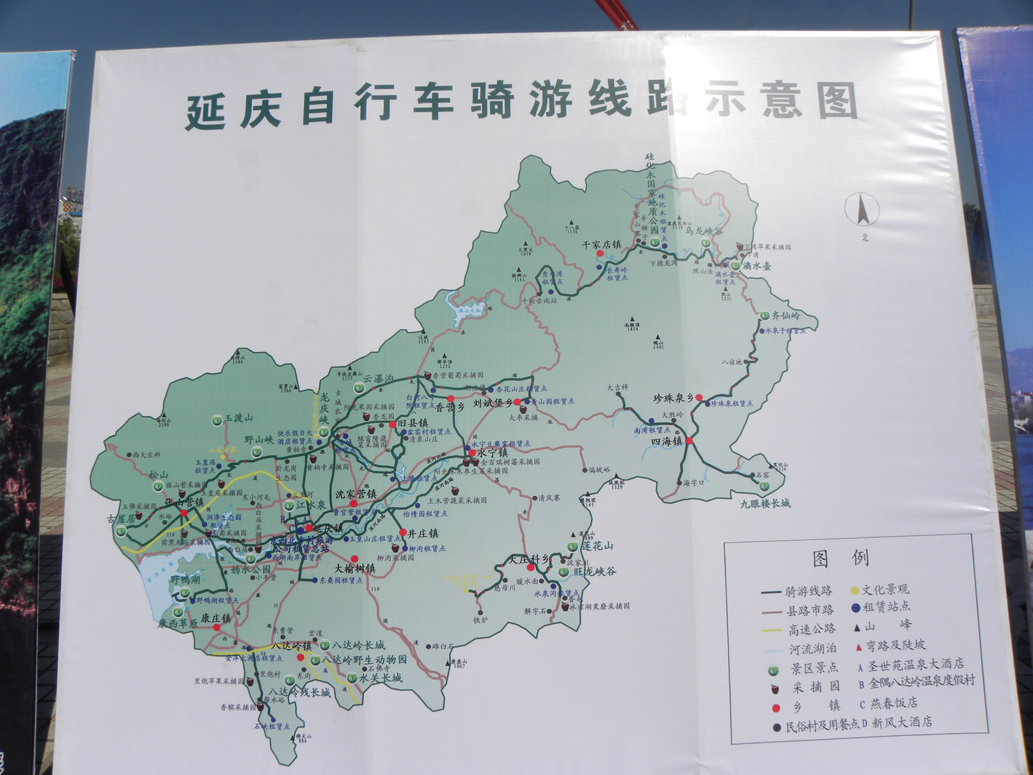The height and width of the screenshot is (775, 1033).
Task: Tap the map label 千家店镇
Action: point(601,245)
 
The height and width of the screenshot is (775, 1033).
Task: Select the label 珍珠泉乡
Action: point(673,398)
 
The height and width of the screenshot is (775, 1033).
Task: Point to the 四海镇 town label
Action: point(666,442)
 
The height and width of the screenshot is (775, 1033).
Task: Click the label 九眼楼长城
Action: point(765,504)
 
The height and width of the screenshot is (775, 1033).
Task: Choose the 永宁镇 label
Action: point(492,453)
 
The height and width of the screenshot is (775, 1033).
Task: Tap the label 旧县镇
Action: point(413,423)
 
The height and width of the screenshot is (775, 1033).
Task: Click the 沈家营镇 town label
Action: point(355,494)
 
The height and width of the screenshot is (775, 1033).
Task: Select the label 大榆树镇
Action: point(355,568)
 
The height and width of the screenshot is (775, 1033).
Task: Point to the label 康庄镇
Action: point(216,618)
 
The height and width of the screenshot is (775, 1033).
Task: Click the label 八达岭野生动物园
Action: point(364,659)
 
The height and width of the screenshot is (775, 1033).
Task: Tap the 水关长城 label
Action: point(379,678)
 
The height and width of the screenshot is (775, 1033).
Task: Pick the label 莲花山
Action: point(597,546)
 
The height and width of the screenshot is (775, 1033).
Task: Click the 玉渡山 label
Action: point(238,417)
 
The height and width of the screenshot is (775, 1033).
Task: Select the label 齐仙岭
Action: point(786,316)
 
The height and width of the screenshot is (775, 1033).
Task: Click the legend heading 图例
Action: point(840,558)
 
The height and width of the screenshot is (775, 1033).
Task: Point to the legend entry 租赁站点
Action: point(886,607)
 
